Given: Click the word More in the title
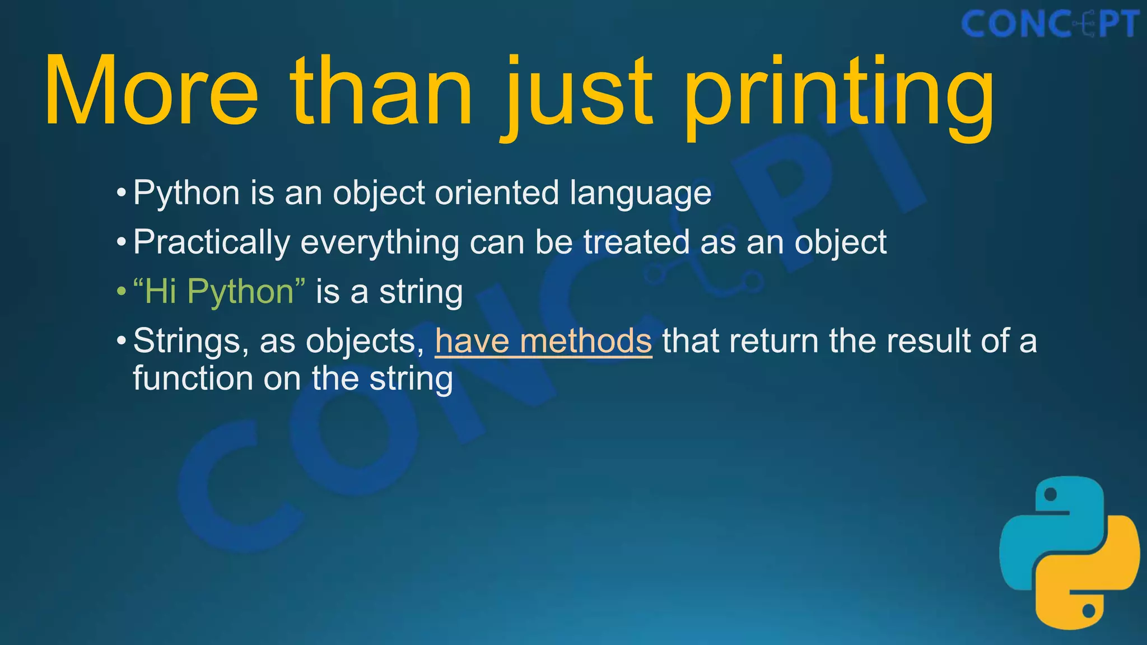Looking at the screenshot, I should [x=151, y=91].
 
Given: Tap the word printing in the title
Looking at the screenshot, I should [x=838, y=95].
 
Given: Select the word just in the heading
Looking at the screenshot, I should [x=577, y=95].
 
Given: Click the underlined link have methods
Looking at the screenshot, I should [x=543, y=340].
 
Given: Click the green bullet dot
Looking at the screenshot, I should [x=121, y=292].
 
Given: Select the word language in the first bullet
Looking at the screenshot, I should [x=640, y=194].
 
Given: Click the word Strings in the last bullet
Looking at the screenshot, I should [x=186, y=341].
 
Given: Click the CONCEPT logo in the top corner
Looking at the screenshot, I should [x=1050, y=25].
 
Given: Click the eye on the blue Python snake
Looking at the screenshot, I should [x=1051, y=494].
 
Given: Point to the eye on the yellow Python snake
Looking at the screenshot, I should [x=1088, y=610].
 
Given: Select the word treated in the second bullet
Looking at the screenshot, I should [x=636, y=242].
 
